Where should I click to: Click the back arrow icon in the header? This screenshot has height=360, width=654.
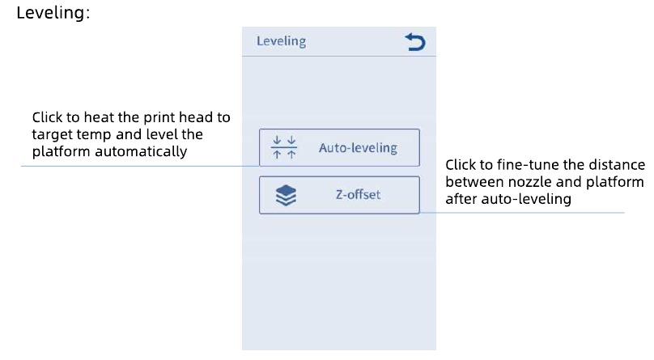point(415,42)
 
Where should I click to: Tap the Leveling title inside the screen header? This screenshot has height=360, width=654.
point(281,41)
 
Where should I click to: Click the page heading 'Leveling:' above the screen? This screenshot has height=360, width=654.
point(53,12)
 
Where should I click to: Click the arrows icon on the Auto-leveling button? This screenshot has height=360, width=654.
point(284,147)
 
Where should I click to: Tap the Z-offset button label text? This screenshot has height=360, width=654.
point(359,195)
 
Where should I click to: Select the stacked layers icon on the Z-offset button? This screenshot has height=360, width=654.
point(287,196)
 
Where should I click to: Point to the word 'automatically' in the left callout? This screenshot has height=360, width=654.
point(141,151)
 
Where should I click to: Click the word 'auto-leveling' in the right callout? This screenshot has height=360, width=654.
point(526,199)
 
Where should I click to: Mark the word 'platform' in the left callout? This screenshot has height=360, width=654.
point(62,151)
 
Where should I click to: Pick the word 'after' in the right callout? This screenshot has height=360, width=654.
point(461,199)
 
